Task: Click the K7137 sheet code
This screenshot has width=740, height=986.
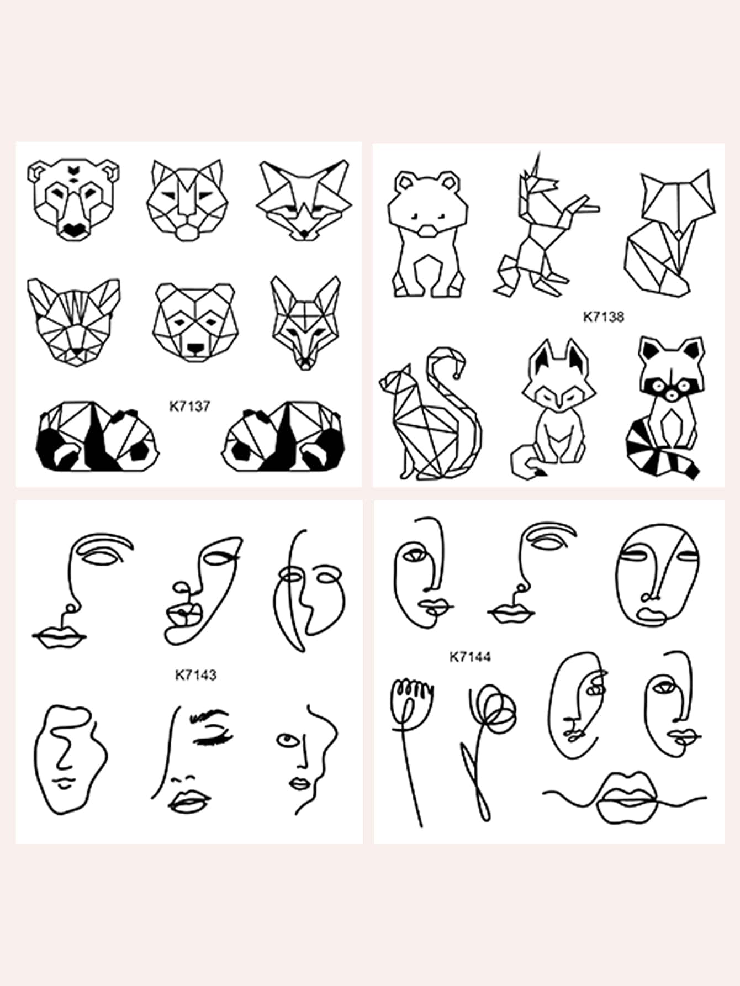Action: pos(189,406)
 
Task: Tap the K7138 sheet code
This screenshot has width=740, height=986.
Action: pos(604,317)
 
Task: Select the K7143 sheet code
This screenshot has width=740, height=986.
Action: pos(195,674)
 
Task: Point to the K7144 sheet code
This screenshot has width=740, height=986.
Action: pos(470,657)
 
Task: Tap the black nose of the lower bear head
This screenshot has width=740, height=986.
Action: pos(195,349)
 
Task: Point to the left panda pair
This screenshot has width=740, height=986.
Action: pos(98,436)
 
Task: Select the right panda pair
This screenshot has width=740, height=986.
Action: pos(283,436)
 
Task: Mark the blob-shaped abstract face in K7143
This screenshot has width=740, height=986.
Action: pos(71,760)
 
